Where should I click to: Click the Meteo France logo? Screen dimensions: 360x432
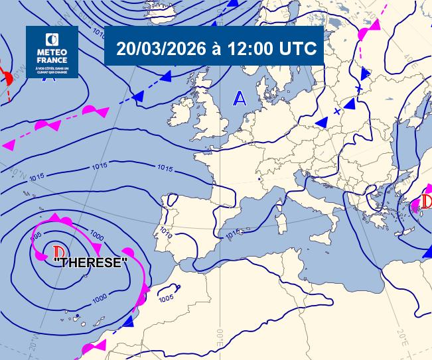(52, 52)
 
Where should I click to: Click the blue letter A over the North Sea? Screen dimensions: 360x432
(240, 99)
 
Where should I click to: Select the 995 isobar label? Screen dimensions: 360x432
(37, 235)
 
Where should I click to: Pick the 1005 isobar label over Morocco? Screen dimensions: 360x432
(166, 298)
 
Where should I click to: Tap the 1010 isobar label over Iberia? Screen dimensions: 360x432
(166, 235)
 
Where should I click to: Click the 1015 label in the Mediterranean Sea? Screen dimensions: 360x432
(232, 234)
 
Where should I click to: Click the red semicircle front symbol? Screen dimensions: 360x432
(8, 78)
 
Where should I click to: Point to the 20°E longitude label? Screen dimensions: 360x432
(401, 334)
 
